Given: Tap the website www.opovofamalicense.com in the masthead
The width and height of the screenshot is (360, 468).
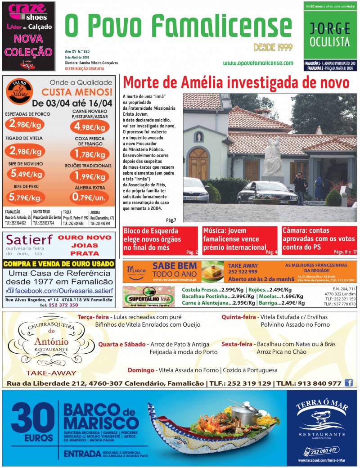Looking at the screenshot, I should pos(258,63).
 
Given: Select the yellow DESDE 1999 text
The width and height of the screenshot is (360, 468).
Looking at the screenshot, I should pos(273,47).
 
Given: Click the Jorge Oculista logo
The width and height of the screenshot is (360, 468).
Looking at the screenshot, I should pos(329,35).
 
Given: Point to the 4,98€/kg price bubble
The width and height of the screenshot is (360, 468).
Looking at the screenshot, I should pos(90,126).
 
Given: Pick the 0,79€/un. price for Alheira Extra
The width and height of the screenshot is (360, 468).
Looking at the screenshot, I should pos(90,196).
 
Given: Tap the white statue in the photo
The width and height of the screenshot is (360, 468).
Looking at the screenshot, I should pos(273,157).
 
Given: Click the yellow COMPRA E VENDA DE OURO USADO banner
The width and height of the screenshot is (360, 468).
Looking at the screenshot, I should pos(58,264).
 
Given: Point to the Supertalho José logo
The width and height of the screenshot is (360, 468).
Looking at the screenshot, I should pos(148,297).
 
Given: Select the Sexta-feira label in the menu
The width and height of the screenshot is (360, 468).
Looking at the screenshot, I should pos(236,344).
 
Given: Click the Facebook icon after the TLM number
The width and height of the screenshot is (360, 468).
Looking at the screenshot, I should pos(349,383).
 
